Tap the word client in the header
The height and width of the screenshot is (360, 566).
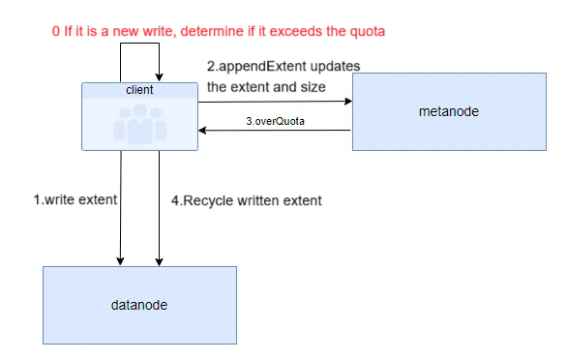(139, 89)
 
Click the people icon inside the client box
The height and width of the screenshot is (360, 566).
(139, 124)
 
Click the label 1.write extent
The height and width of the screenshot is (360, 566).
(74, 200)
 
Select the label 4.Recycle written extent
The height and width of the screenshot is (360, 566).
(246, 200)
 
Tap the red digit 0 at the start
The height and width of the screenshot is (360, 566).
(56, 31)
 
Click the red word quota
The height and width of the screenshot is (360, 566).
(368, 31)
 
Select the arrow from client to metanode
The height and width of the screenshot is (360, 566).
(275, 100)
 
